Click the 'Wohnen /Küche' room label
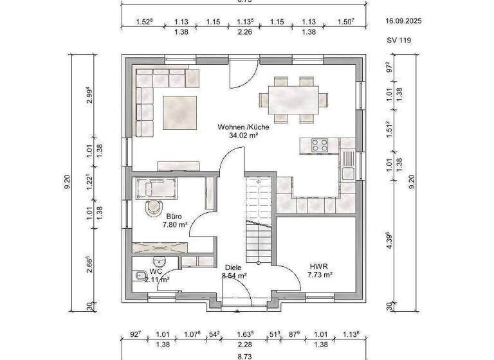pos(243,127)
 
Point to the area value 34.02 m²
pos(243,136)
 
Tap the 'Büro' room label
pos(174,217)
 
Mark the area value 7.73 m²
pos(320,274)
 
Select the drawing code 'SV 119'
pos(398,40)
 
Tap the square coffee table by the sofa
pos(180,111)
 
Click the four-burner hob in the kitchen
pos(320,145)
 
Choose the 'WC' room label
pos(156,271)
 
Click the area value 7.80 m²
pos(174,225)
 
